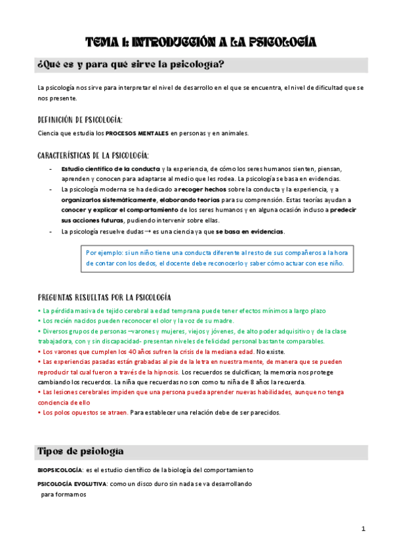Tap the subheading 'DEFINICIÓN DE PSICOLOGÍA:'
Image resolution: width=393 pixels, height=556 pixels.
[80, 119]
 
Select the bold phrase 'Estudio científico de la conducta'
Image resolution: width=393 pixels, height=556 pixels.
[110, 169]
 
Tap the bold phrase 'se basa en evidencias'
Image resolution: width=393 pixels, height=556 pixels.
[250, 231]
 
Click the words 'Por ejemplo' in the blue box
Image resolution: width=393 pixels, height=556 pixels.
[104, 252]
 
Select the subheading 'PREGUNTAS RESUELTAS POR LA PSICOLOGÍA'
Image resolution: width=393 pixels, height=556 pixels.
[105, 297]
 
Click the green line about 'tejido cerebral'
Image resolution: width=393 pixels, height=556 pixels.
[184, 310]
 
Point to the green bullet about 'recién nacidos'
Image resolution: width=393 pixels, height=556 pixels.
[138, 321]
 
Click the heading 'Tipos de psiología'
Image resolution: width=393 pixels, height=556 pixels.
[79, 452]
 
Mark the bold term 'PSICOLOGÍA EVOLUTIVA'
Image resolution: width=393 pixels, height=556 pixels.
[71, 483]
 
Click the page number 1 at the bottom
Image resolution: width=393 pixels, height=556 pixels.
[363, 529]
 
